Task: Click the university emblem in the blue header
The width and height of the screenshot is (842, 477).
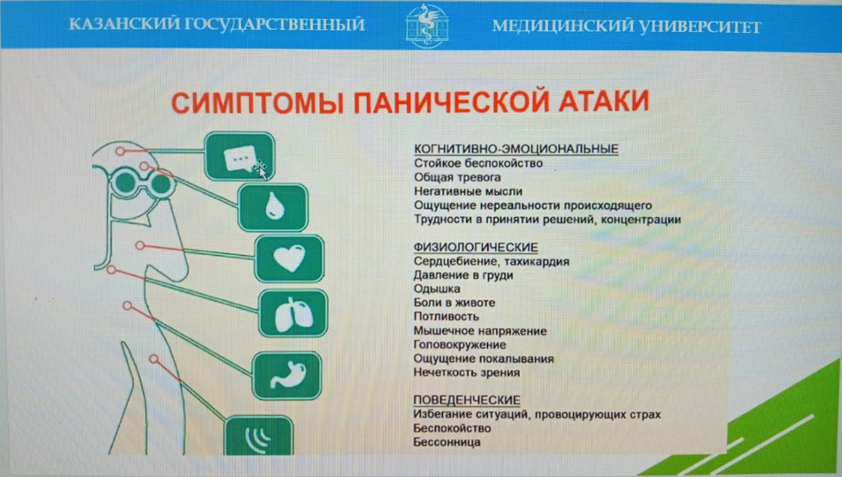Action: (427, 26)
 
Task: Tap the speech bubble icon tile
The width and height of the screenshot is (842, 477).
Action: (240, 156)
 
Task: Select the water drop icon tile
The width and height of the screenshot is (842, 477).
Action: (273, 207)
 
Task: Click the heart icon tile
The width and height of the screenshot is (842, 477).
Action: (289, 258)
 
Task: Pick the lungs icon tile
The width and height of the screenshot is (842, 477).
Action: (293, 313)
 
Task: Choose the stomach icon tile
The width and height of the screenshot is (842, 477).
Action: (287, 375)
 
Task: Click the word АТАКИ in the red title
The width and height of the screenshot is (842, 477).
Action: (604, 101)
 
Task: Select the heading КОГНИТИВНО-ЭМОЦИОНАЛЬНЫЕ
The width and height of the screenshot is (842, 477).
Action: (516, 149)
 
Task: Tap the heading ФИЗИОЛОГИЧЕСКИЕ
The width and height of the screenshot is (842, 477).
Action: (476, 247)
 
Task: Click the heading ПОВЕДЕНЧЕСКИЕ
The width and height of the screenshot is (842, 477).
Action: (467, 400)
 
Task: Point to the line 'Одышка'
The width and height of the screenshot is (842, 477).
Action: (437, 289)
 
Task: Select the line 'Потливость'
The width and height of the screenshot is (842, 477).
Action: (446, 316)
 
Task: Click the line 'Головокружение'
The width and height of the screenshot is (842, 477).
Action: (460, 344)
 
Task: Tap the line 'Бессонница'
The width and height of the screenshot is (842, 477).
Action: (447, 442)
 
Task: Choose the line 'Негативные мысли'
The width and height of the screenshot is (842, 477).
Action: (468, 191)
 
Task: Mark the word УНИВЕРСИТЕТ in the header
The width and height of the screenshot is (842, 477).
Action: (701, 27)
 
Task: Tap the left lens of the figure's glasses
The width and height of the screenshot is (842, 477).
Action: (125, 182)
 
